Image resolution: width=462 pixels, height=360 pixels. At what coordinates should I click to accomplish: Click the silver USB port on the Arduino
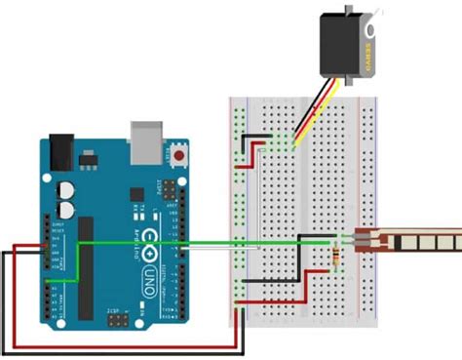click(x=146, y=142)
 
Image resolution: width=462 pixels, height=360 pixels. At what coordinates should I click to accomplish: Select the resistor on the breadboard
click(x=337, y=255)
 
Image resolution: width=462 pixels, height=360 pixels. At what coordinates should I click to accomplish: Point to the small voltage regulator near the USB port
click(x=93, y=156)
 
